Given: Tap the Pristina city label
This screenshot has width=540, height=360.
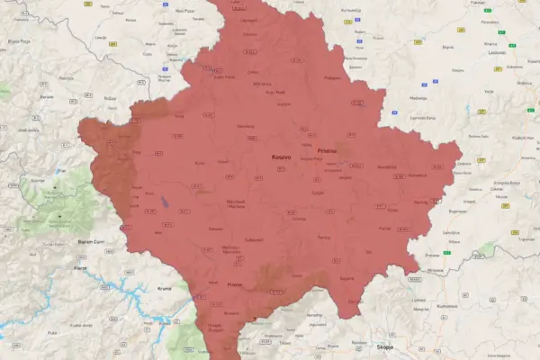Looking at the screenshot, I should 327,150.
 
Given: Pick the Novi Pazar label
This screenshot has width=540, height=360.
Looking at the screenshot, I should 184,11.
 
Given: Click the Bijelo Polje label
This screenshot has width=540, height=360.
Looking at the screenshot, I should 20,40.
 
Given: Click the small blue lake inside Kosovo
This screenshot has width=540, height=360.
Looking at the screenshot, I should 165,202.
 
